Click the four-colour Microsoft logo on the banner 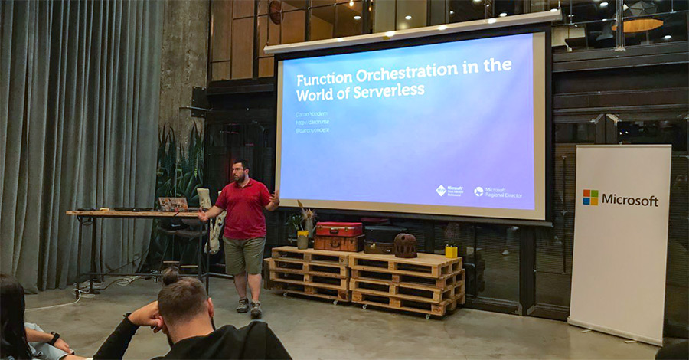tap(590, 198)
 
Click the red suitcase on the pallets tap(339, 228)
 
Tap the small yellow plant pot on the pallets tap(451, 250)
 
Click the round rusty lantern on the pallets tap(405, 245)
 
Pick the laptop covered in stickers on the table tap(173, 204)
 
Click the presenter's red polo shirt tap(244, 209)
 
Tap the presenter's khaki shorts tap(244, 254)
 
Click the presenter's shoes tap(249, 306)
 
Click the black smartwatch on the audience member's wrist tap(55, 336)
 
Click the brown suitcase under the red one tap(338, 242)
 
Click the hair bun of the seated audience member tap(170, 276)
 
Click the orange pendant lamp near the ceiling tap(638, 25)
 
